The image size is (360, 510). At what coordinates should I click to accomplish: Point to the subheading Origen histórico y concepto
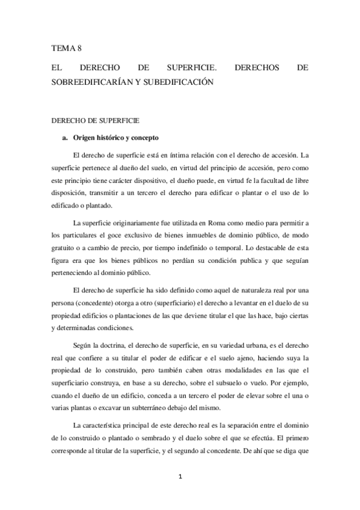point(112,138)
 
